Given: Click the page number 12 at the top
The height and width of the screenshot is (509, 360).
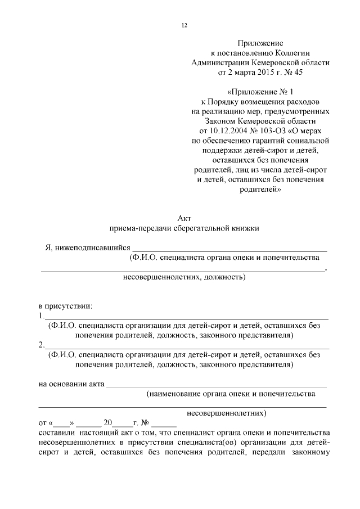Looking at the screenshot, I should pyautogui.click(x=184, y=26).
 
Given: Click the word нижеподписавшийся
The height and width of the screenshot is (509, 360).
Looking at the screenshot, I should pyautogui.click(x=92, y=247).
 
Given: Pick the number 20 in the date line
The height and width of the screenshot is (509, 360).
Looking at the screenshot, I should pyautogui.click(x=109, y=422).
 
